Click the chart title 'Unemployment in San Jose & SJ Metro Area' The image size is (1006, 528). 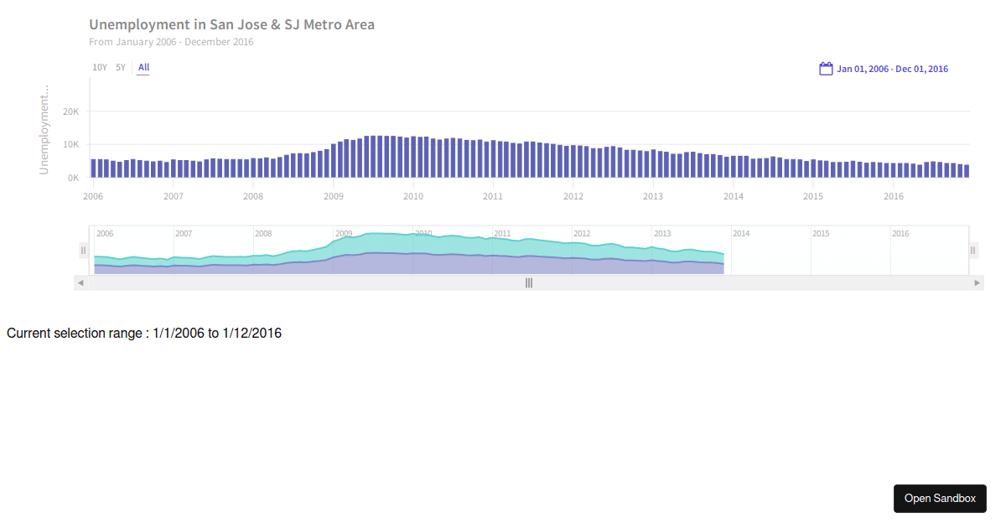[231, 24]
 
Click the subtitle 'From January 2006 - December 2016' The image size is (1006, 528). [171, 42]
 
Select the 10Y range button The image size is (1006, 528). [100, 67]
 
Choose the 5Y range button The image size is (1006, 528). [121, 67]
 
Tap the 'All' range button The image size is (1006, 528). [144, 67]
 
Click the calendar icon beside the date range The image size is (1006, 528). [826, 69]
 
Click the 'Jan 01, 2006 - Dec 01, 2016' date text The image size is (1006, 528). [892, 69]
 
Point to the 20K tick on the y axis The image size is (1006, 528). [71, 111]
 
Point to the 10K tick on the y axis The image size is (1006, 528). [71, 144]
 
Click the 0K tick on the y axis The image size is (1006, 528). [74, 178]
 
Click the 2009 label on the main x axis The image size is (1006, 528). [333, 196]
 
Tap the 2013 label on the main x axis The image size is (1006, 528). [653, 196]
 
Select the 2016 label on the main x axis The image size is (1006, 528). [894, 196]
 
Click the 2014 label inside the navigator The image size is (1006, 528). [741, 234]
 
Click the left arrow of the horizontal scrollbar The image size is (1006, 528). [80, 283]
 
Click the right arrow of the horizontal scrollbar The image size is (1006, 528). [977, 283]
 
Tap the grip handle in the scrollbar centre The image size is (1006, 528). [529, 283]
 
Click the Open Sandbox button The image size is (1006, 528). [940, 499]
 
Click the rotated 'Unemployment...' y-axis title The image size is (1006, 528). [44, 129]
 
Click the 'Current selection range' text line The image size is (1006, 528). [144, 334]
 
